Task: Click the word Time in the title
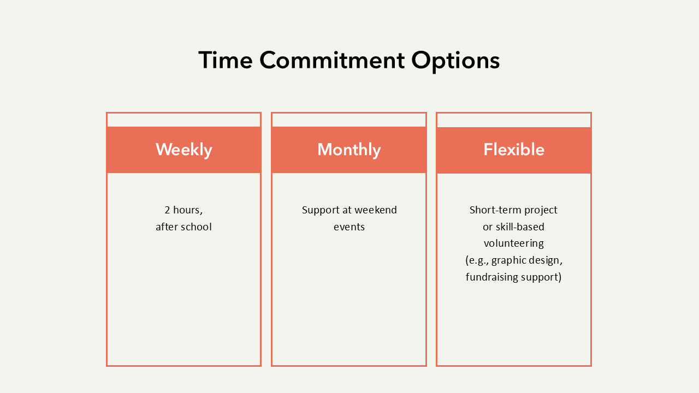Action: coord(226,60)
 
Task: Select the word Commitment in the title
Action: coord(332,60)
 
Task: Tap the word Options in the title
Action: coord(455,62)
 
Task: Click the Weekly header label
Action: coord(184,150)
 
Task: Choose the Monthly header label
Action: coord(349,150)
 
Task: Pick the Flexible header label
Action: coord(514,150)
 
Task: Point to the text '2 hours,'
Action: coord(183,210)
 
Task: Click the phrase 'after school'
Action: coord(183,227)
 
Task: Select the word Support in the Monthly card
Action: coord(321,211)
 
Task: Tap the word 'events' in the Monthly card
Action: coord(349,227)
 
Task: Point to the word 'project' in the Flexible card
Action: coord(541,211)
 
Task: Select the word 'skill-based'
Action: coord(520,227)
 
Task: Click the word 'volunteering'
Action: coord(514,243)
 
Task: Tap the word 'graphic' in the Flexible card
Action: coord(506,260)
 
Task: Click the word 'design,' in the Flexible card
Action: coord(543,260)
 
